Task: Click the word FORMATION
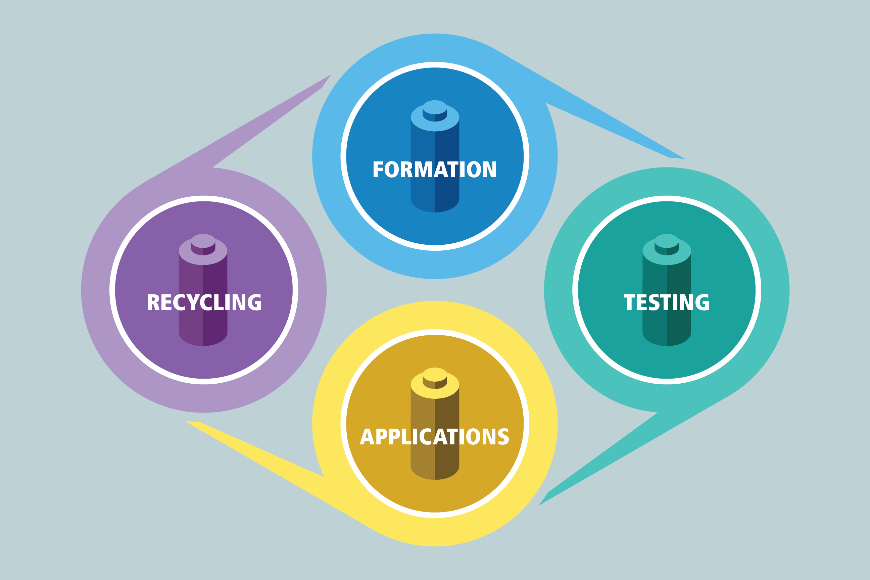[435, 170]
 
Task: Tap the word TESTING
[666, 302]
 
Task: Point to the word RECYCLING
[204, 302]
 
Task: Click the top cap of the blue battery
[435, 107]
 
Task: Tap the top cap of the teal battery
[667, 241]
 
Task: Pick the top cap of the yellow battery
[435, 374]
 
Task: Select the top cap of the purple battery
[203, 241]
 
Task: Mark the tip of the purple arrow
[330, 76]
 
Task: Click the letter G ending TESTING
[702, 302]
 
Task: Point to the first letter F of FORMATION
[378, 170]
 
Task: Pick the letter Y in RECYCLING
[193, 302]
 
